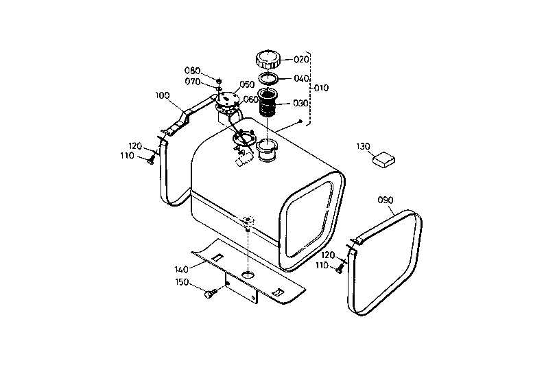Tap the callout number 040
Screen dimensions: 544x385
(301, 78)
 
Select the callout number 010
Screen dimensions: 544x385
(321, 89)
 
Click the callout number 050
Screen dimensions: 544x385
(247, 86)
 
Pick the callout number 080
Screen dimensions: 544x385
(192, 71)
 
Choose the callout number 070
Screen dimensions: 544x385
(192, 82)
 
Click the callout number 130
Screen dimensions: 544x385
(364, 146)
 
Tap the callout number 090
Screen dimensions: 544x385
(386, 200)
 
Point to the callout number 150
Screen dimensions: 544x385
(182, 282)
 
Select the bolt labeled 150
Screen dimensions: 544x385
(210, 294)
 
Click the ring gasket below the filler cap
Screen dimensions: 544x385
(268, 78)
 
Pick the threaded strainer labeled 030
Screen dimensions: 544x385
(268, 104)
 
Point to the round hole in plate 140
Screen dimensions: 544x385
(247, 275)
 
